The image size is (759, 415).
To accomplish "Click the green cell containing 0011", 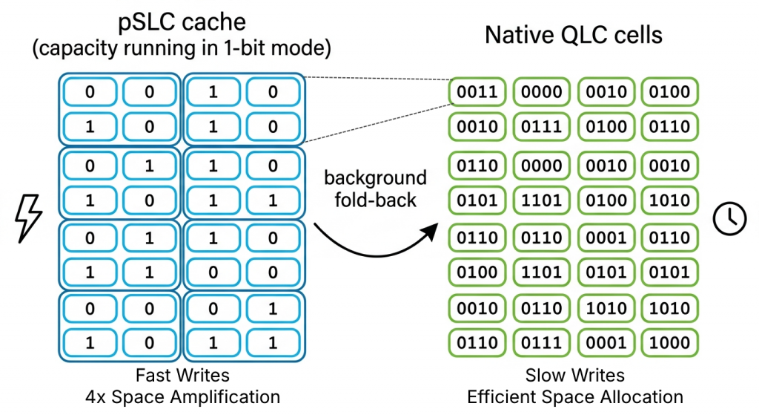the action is tap(477, 91).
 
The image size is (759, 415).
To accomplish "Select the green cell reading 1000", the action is tap(669, 343).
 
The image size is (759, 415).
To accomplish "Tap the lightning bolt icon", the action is tap(29, 219).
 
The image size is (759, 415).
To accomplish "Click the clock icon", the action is tap(729, 219).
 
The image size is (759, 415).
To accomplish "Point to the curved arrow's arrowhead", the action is tap(431, 232).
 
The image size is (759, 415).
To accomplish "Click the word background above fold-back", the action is tap(375, 178).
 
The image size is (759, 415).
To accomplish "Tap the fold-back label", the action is tap(375, 200).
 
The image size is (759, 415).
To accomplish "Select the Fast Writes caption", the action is tap(182, 375).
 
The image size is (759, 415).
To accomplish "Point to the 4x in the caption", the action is tap(96, 397).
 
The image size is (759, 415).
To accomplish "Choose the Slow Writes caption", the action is tap(575, 375).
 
